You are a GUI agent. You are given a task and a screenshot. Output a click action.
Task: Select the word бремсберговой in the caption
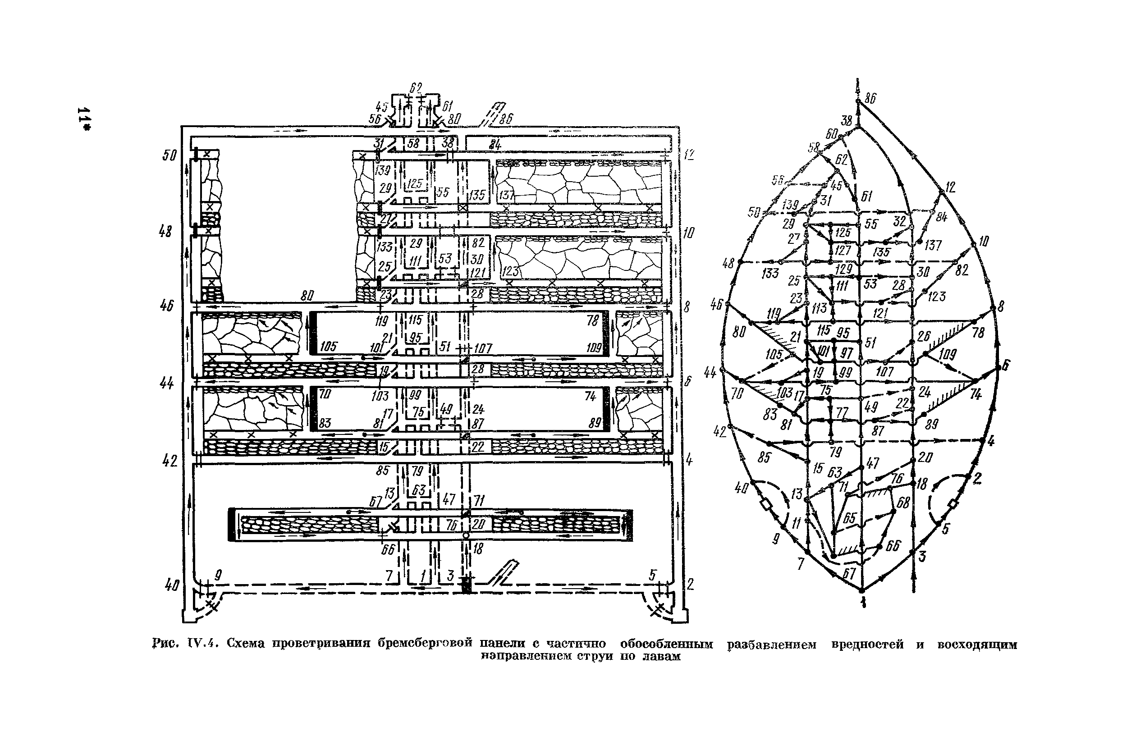click(x=425, y=644)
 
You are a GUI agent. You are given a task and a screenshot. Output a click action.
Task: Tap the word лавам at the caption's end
click(x=663, y=657)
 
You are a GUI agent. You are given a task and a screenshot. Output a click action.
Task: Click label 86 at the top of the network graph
click(x=870, y=99)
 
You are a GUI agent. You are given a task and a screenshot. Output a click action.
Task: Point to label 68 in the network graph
click(x=903, y=503)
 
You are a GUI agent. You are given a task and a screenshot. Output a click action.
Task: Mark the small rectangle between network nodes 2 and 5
click(x=953, y=504)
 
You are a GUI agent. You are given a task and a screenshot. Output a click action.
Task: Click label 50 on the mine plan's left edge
click(x=169, y=155)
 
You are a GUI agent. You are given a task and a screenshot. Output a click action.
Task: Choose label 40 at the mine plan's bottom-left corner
click(x=172, y=585)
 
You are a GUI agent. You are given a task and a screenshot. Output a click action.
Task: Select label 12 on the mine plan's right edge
click(x=689, y=155)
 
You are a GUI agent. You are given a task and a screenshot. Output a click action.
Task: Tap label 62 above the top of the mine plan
click(x=416, y=88)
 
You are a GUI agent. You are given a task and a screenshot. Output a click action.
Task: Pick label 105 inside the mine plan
click(x=329, y=346)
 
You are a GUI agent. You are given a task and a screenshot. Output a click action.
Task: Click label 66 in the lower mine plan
click(x=388, y=549)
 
